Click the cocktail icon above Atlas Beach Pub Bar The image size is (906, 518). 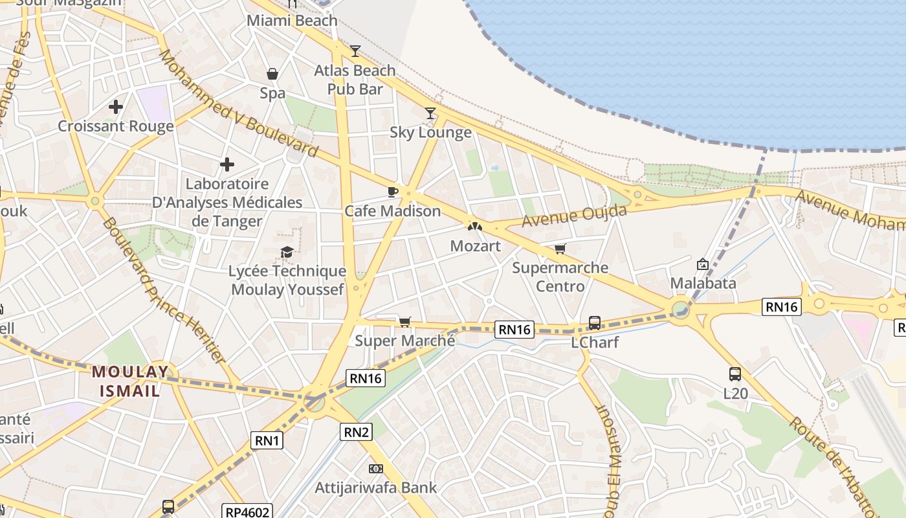tap(355, 51)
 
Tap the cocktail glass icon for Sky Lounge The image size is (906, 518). tap(430, 113)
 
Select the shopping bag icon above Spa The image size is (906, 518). tap(272, 74)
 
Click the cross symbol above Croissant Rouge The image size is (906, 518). tap(116, 106)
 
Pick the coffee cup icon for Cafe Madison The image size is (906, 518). tap(392, 192)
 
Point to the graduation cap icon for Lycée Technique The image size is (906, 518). tap(287, 252)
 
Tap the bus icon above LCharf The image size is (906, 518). tap(594, 322)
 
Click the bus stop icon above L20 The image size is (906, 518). tap(735, 374)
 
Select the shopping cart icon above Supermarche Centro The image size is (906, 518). tap(560, 249)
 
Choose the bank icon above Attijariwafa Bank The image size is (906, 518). tap(375, 468)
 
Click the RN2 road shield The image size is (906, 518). tap(356, 432)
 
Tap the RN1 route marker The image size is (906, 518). tap(267, 441)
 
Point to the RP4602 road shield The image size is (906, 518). tap(247, 512)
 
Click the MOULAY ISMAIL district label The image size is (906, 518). tap(129, 381)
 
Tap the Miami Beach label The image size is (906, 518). tap(293, 20)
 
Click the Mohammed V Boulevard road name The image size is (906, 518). tap(239, 104)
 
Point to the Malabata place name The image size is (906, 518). tap(703, 283)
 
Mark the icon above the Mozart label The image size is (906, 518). tap(475, 227)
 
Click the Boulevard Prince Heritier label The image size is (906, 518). tap(164, 290)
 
